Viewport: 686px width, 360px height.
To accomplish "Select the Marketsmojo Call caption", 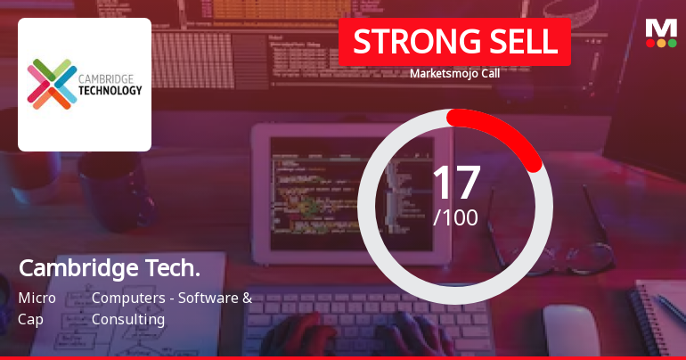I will [x=454, y=74].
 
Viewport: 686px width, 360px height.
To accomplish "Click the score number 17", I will [x=455, y=182].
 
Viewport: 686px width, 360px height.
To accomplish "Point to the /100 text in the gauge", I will [x=455, y=217].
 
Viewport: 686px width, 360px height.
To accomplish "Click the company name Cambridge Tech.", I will [x=109, y=268].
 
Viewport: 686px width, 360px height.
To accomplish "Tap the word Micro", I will [x=37, y=298].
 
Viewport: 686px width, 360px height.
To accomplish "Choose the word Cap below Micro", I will [x=29, y=319].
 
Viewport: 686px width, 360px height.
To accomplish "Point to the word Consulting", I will [x=128, y=319].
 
